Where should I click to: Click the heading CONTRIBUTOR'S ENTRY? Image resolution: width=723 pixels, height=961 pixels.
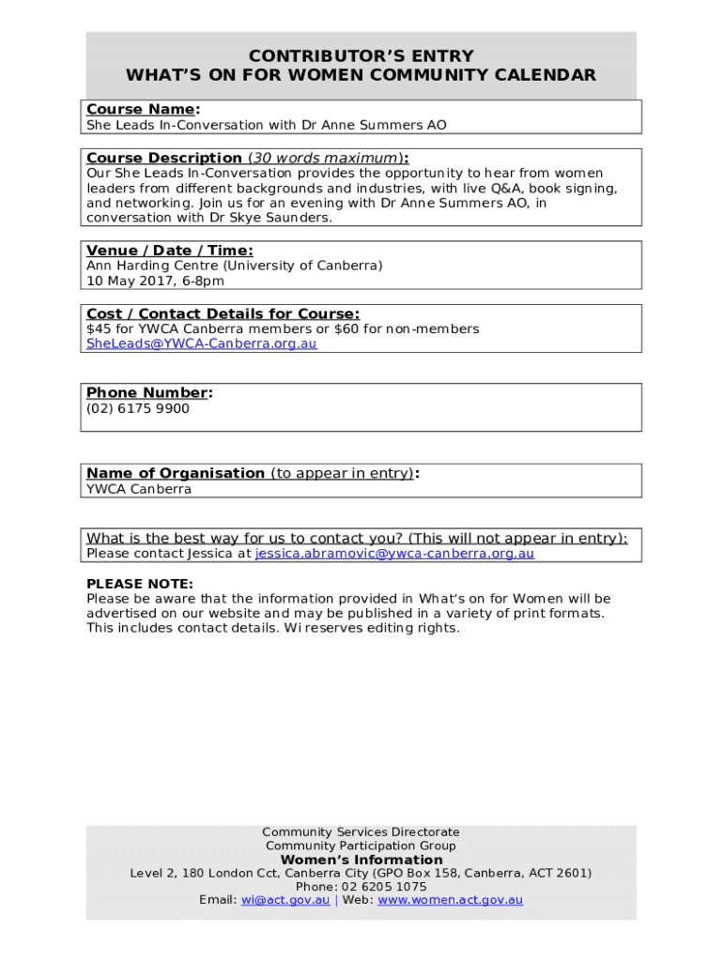coord(361,56)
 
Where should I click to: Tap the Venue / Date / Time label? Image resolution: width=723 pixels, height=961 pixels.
coord(169,251)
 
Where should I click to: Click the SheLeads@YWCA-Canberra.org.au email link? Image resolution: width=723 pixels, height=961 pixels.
coord(201,343)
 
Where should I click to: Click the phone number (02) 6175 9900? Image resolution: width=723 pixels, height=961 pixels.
coord(137,408)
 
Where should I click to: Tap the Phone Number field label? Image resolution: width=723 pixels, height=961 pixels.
coord(148,392)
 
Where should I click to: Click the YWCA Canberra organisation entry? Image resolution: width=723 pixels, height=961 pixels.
coord(138,489)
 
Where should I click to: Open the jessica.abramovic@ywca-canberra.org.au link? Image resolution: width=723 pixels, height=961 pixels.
coord(394,554)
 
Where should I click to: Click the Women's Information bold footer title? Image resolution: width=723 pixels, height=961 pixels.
coord(361,860)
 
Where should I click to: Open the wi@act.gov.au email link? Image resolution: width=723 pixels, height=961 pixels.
coord(285,900)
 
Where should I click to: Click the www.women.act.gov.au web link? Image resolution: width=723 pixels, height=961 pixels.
coord(450,900)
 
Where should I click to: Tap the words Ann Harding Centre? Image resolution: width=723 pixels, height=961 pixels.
coord(151,266)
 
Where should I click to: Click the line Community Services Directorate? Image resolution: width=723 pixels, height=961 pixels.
coord(361,832)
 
